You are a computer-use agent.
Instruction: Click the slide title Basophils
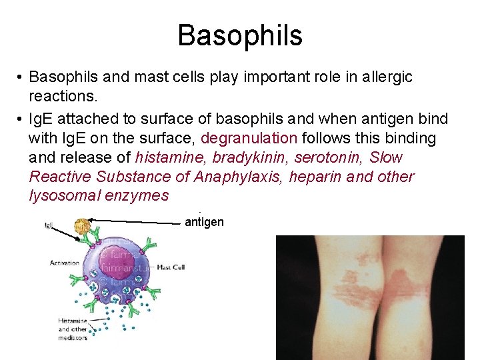coord(240,35)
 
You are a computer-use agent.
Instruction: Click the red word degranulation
coord(249,139)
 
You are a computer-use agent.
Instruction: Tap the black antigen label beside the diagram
coord(204,222)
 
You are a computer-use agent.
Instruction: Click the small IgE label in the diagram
coord(49,226)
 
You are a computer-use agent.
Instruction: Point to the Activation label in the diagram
coord(64,263)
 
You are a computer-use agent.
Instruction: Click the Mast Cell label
coord(170,267)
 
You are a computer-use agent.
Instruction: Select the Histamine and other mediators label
coord(72,329)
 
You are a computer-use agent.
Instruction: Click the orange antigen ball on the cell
coord(83,227)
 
